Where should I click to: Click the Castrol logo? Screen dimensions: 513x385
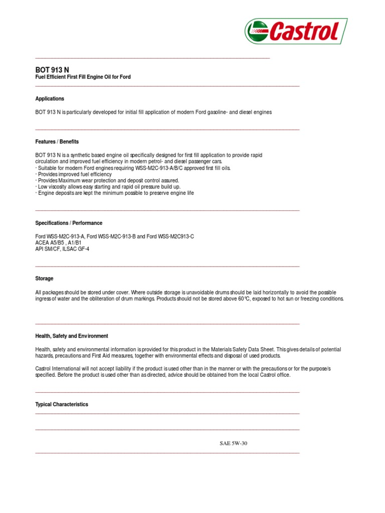(296, 31)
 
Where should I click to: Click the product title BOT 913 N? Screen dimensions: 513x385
(52, 70)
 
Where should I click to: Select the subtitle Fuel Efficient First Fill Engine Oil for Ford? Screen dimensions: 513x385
(83, 77)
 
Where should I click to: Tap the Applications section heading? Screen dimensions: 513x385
(50, 99)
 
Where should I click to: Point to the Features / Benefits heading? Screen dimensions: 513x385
(57, 142)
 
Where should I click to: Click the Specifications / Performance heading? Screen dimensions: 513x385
(69, 223)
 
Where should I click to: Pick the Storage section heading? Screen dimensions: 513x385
(44, 279)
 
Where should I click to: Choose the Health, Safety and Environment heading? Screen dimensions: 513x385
(72, 336)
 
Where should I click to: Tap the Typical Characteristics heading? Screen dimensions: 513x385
(61, 404)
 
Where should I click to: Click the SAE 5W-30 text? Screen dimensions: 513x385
(234, 443)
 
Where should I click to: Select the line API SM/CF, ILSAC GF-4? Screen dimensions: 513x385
(62, 249)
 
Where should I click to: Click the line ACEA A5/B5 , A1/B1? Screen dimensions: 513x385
(58, 242)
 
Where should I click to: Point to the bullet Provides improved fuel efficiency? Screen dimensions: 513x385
(74, 174)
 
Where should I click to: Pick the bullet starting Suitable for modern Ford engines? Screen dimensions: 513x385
(133, 168)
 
